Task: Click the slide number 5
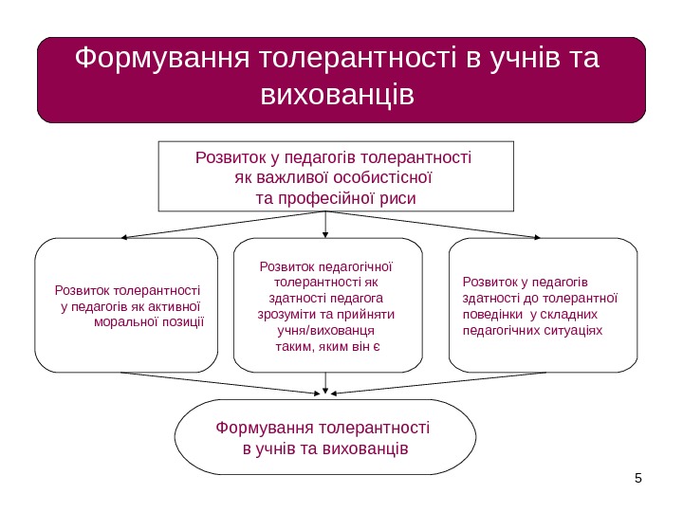[x=638, y=477]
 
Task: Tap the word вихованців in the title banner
[x=337, y=95]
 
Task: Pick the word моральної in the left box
[x=127, y=321]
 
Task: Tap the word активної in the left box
[x=172, y=305]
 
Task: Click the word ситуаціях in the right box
[x=577, y=330]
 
